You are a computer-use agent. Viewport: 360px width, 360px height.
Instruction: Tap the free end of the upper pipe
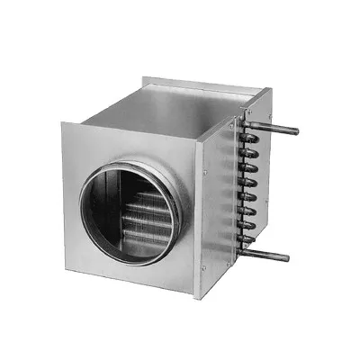point(294,132)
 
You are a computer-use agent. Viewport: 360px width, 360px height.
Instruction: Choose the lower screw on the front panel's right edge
point(206,269)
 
